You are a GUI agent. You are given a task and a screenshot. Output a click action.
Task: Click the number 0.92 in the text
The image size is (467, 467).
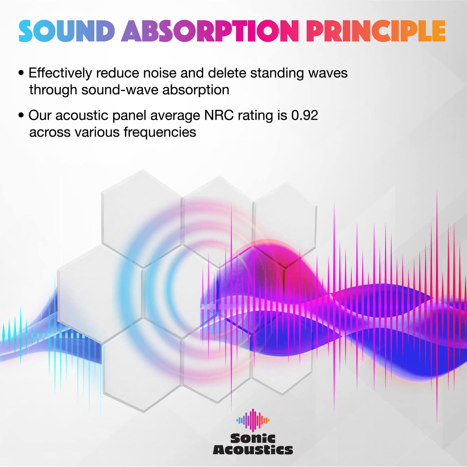point(305,115)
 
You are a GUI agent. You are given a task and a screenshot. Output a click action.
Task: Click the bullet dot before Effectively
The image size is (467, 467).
point(21,73)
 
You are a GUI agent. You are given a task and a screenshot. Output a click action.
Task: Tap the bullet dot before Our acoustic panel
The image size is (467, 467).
point(21,115)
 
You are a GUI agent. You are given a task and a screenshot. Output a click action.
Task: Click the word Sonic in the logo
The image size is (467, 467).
point(253,438)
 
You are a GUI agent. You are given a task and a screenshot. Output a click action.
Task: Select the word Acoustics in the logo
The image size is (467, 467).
point(253,450)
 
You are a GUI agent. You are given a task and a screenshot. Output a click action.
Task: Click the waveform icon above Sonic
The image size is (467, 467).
point(253,420)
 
